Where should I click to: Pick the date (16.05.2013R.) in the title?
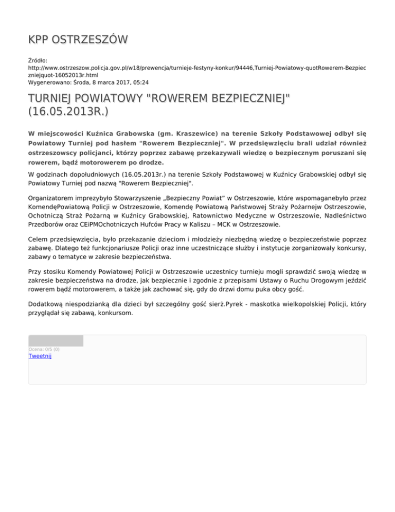click(68, 112)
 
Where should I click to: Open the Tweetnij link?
click(40, 355)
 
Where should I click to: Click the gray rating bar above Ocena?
click(56, 340)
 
